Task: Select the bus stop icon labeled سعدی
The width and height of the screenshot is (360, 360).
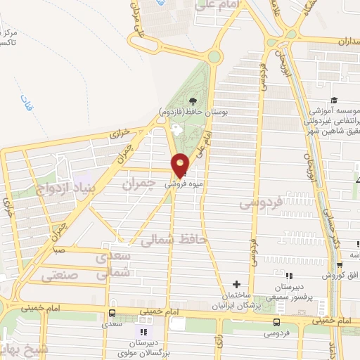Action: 112,314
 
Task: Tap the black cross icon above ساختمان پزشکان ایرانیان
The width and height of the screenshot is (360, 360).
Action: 237,283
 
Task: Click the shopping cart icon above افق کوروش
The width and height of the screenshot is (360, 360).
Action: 340,265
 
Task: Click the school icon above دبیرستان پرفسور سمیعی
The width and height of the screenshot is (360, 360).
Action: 288,276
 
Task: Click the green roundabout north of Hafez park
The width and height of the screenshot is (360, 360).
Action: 213,57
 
